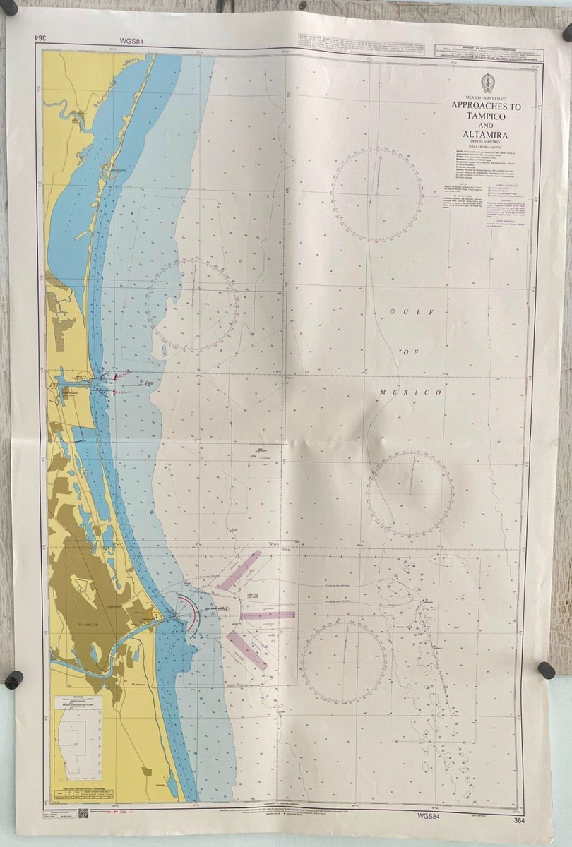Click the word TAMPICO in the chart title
486,117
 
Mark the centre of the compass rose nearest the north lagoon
192,305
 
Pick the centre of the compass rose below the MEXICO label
410,494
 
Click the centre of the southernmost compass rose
344,662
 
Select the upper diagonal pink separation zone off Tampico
240,570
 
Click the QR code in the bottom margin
83,814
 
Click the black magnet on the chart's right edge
547,670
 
